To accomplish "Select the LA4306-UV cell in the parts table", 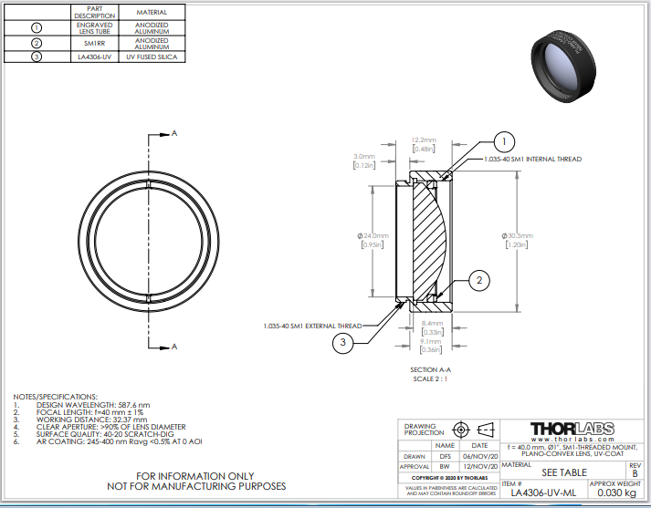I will pyautogui.click(x=95, y=57).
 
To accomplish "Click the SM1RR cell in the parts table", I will pyautogui.click(x=95, y=42).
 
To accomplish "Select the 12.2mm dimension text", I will pyautogui.click(x=425, y=140).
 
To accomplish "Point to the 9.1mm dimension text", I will pyautogui.click(x=431, y=342).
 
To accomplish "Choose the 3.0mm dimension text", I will pyautogui.click(x=363, y=156).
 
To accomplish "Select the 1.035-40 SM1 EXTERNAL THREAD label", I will pyautogui.click(x=311, y=325).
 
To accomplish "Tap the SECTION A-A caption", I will pyautogui.click(x=429, y=369).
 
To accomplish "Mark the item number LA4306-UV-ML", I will pyautogui.click(x=542, y=492).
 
